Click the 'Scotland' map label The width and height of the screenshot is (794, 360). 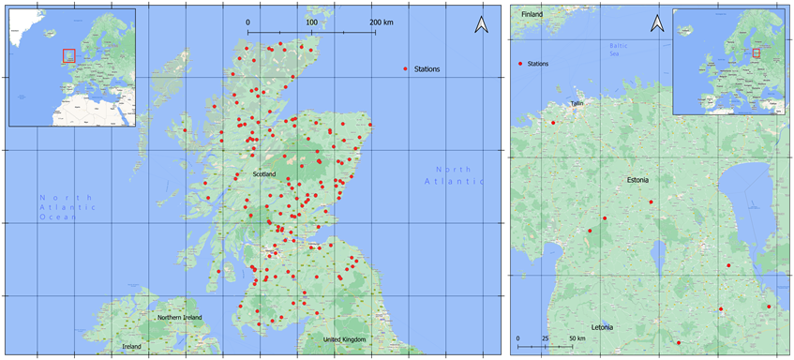click(x=264, y=174)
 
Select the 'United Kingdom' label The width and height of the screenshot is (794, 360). click(x=345, y=339)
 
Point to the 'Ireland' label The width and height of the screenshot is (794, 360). click(x=132, y=346)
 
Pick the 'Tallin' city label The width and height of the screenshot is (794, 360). click(x=577, y=104)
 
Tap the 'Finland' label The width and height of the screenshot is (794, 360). click(x=532, y=15)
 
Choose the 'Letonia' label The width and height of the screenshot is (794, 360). click(x=602, y=327)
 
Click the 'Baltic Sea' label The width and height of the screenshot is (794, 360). click(x=616, y=49)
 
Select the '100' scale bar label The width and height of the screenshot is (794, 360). click(x=311, y=22)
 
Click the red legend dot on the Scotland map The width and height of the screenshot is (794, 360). click(x=405, y=68)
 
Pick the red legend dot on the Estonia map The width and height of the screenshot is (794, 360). click(x=519, y=64)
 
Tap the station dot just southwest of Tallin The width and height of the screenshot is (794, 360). click(x=553, y=123)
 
